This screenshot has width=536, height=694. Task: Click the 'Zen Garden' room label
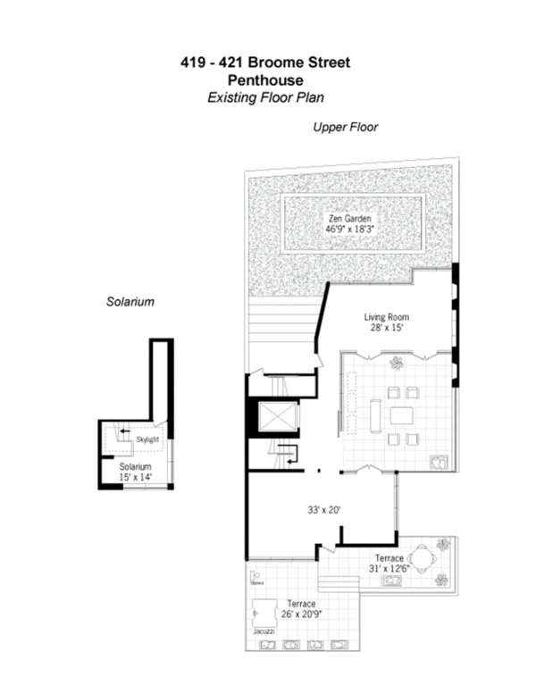click(x=348, y=217)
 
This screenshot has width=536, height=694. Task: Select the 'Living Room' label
click(x=385, y=317)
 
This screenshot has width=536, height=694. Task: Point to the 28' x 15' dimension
click(x=385, y=329)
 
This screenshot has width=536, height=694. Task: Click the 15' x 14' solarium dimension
click(x=138, y=478)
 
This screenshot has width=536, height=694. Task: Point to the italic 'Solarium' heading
click(x=130, y=302)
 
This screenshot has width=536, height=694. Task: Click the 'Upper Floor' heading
click(x=345, y=128)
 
